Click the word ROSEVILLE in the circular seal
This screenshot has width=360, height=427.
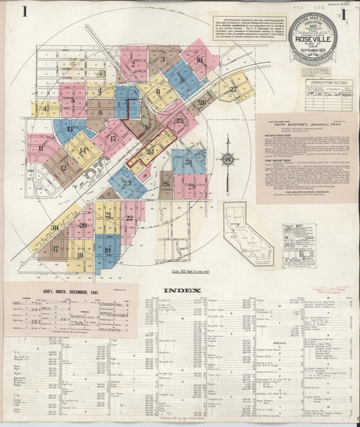click(x=313, y=39)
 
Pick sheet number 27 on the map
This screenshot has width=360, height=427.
click(x=234, y=89)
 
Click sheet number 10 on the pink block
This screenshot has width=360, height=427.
click(x=199, y=59)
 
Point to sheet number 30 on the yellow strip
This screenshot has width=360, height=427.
click(x=53, y=228)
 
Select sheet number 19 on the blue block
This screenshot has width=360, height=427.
click(x=107, y=250)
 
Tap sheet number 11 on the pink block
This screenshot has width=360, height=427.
click(x=41, y=148)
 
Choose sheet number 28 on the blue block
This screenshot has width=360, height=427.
click(x=188, y=161)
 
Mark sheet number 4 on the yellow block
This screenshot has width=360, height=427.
click(x=45, y=108)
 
